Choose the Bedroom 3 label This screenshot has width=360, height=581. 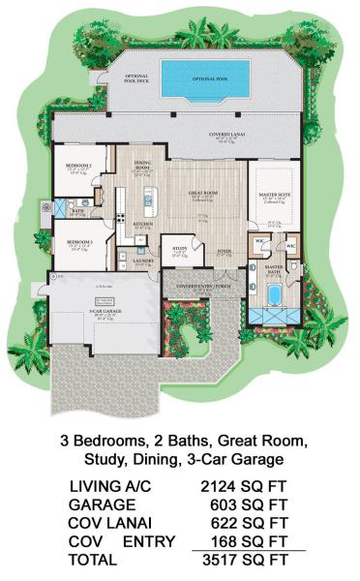coord(79,241)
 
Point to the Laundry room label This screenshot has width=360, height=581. coord(142,260)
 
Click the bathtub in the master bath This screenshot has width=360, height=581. coord(274,293)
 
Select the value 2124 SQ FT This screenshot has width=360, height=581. coord(247,486)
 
